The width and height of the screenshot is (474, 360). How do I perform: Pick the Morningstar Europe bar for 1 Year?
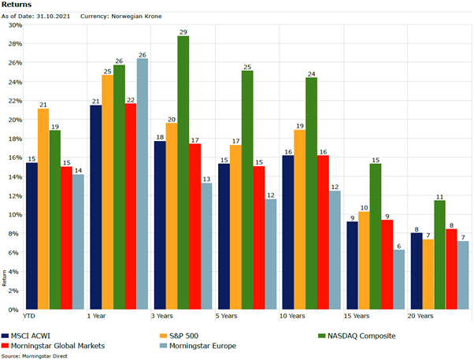point(143,184)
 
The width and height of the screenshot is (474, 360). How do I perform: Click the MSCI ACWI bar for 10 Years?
point(287,232)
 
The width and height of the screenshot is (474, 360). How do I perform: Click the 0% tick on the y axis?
point(14,310)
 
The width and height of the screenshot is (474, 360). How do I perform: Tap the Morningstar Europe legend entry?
point(198,344)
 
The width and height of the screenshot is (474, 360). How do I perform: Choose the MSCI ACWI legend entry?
point(27,335)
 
